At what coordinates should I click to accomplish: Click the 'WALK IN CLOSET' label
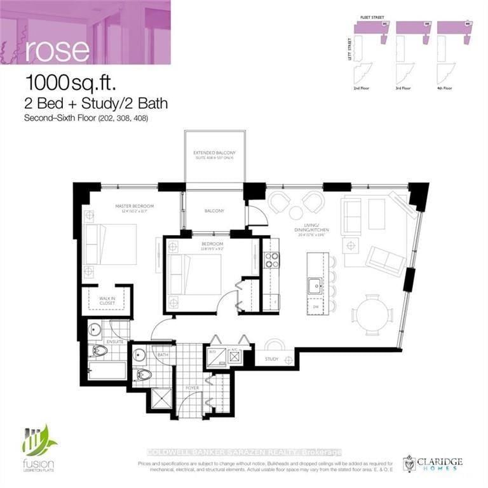107,301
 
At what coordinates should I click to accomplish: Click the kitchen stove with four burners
271,260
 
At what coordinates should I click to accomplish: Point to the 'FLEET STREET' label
370,20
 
